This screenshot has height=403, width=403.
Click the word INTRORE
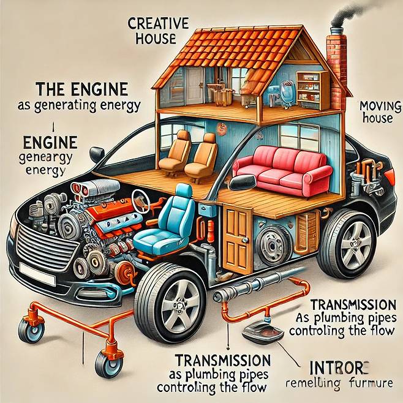point(337,368)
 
